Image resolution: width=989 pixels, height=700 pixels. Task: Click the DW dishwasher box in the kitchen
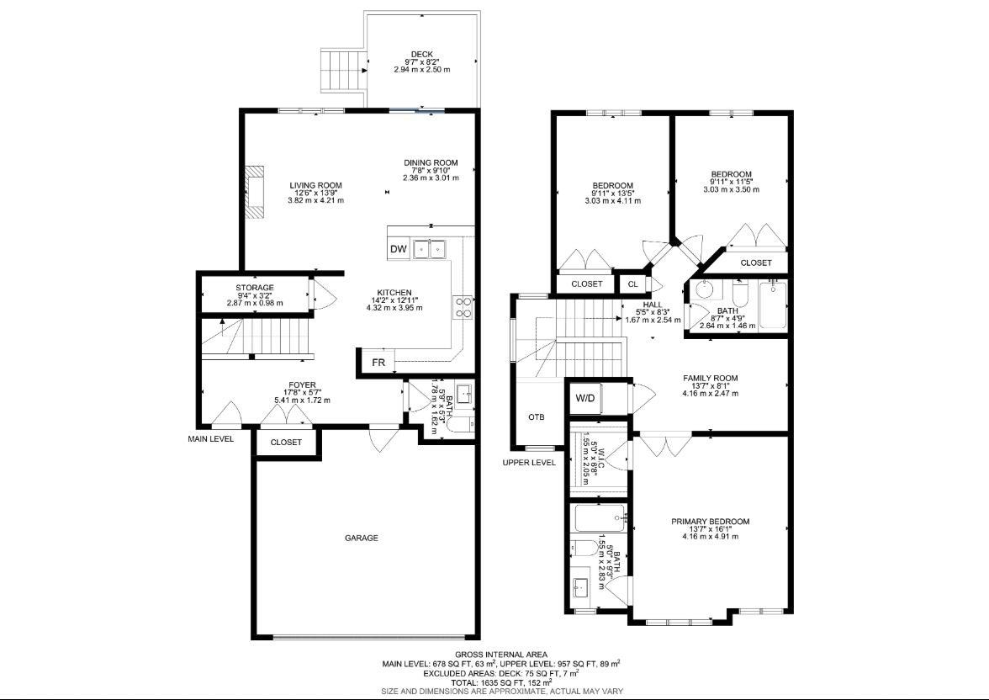(x=399, y=249)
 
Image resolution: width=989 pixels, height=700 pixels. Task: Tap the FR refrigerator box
(x=378, y=363)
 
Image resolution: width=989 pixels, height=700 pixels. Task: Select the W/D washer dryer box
(x=584, y=398)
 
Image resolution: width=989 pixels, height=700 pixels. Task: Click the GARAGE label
(x=362, y=538)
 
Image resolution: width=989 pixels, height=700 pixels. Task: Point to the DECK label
(x=422, y=55)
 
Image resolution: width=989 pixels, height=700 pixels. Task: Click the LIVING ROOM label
(x=316, y=186)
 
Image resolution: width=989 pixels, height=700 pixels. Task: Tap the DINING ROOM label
(x=431, y=163)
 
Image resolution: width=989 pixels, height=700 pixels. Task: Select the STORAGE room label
(x=255, y=288)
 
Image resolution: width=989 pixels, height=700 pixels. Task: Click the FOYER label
(x=302, y=385)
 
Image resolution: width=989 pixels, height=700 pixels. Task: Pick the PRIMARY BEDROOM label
(x=710, y=522)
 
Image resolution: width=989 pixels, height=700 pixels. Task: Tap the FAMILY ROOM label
(x=710, y=378)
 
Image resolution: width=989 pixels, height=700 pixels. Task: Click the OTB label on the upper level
(x=537, y=417)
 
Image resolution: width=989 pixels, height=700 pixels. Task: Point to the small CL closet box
(x=633, y=284)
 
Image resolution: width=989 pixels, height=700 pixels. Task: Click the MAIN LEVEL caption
(x=210, y=438)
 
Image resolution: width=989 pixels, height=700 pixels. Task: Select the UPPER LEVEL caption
(x=529, y=463)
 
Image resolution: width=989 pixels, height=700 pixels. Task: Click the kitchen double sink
(x=430, y=249)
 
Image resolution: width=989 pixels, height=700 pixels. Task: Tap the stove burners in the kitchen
(x=463, y=306)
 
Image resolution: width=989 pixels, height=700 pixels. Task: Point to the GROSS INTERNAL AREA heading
(x=501, y=655)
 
